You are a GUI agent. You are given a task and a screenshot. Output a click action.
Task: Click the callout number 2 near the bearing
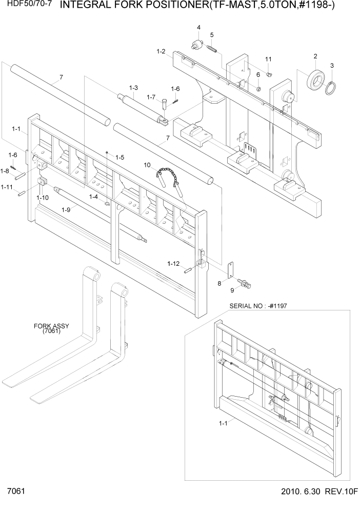315,56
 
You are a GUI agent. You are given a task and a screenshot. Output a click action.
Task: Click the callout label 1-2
161,51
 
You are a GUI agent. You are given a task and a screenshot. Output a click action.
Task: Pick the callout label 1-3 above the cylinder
133,88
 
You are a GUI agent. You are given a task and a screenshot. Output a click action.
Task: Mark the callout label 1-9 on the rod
66,209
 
